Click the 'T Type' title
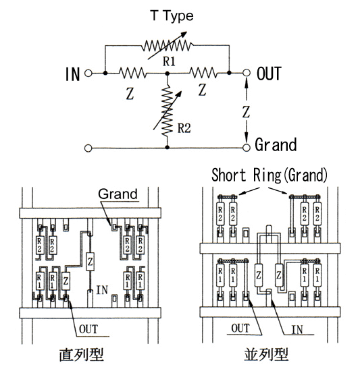tap(172, 16)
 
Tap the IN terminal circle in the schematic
tap(88, 73)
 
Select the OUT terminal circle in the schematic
tap(247, 73)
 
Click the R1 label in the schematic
tap(169, 61)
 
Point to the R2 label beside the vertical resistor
tap(184, 128)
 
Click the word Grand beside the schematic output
tap(276, 144)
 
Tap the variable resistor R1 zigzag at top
tap(168, 45)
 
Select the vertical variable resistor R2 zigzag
tap(168, 110)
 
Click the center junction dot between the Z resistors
tap(168, 74)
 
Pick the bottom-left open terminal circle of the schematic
tap(88, 148)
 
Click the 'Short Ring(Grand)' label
tap(269, 175)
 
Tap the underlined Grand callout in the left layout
tap(118, 194)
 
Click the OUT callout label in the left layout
tap(88, 329)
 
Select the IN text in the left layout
tap(102, 290)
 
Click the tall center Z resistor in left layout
tap(90, 262)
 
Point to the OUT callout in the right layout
tap(240, 329)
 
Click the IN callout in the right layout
tap(297, 330)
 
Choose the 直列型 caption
tap(81, 355)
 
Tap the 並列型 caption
tap(265, 354)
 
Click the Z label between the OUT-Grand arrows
tap(246, 112)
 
